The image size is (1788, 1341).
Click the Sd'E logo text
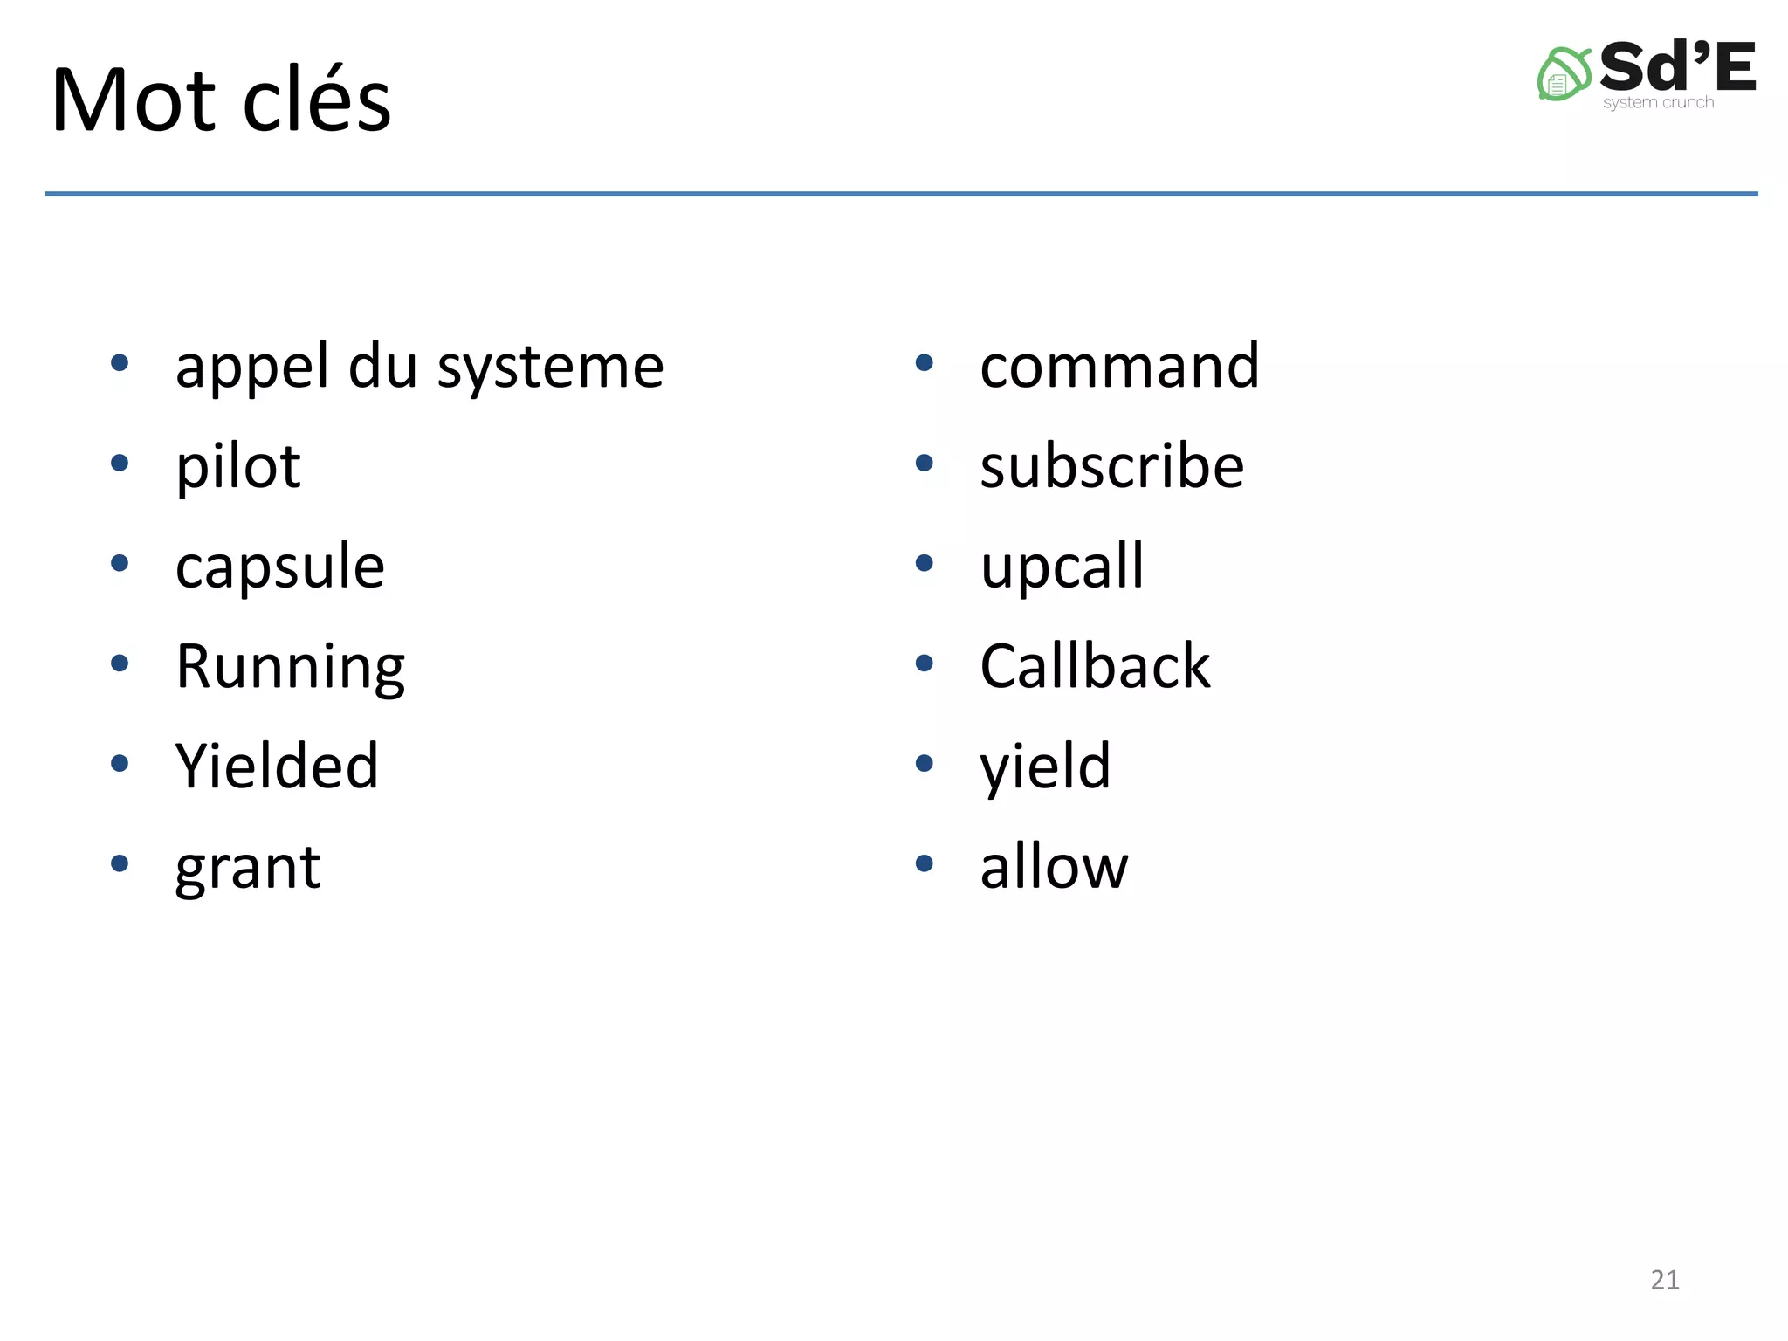tap(1676, 67)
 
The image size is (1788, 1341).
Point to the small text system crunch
tap(1658, 103)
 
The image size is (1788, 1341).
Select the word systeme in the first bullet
tap(550, 367)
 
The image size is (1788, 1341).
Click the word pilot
tap(237, 466)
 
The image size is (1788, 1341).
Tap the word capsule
tap(279, 567)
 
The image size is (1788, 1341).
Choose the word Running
tap(290, 668)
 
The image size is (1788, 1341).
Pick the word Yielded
tap(277, 767)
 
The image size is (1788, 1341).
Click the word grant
tap(248, 868)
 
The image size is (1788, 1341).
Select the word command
tap(1119, 367)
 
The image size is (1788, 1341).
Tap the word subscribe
tap(1111, 466)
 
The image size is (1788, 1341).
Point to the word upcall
tap(1061, 567)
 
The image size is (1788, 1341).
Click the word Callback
tap(1095, 667)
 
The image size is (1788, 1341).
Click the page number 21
tap(1664, 1280)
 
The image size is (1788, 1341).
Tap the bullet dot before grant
tap(120, 863)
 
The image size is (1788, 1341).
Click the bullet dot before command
tap(924, 362)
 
